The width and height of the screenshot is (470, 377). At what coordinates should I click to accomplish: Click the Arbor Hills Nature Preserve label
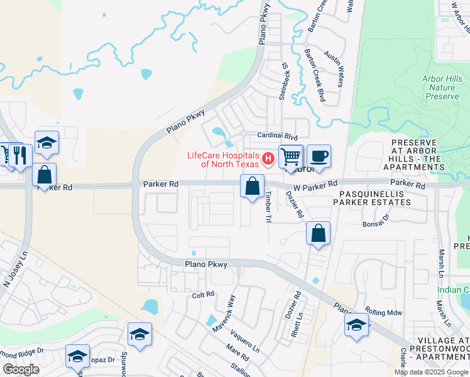coord(442,87)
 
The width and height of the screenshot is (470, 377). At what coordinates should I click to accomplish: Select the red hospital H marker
coord(269,158)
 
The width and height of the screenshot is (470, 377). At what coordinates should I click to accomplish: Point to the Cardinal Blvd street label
coord(277,136)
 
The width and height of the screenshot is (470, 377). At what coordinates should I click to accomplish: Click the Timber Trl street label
coord(268,207)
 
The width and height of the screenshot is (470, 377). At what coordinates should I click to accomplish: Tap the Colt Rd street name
coord(203,294)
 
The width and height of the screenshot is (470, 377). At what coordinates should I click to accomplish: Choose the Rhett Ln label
coord(299,324)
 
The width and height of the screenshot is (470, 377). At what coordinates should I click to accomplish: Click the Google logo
coord(21,369)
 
